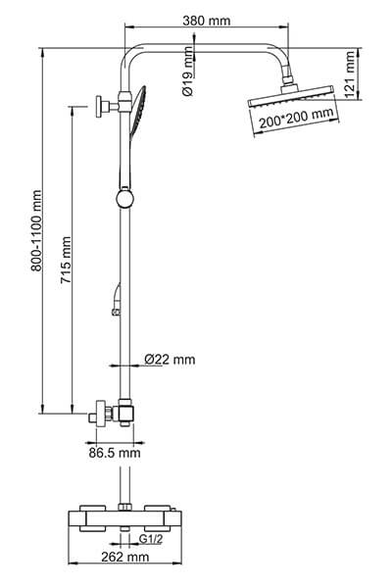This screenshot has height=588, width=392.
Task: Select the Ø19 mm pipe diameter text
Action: [187, 77]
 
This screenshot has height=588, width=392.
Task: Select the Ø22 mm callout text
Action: [170, 360]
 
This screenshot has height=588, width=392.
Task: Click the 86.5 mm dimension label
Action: [115, 452]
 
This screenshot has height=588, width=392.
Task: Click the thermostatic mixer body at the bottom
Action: [123, 518]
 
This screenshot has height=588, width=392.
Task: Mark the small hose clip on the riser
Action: [115, 313]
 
